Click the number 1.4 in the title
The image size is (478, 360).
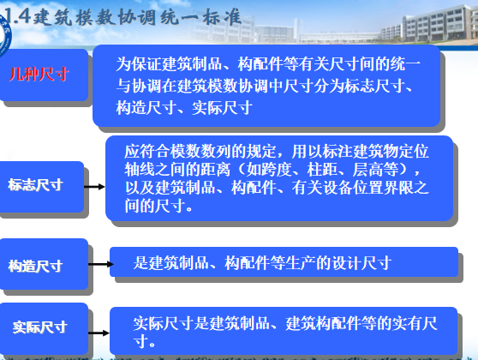(15, 16)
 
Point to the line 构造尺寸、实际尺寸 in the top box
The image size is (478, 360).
(183, 107)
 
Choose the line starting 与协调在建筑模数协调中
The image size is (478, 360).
(266, 86)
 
